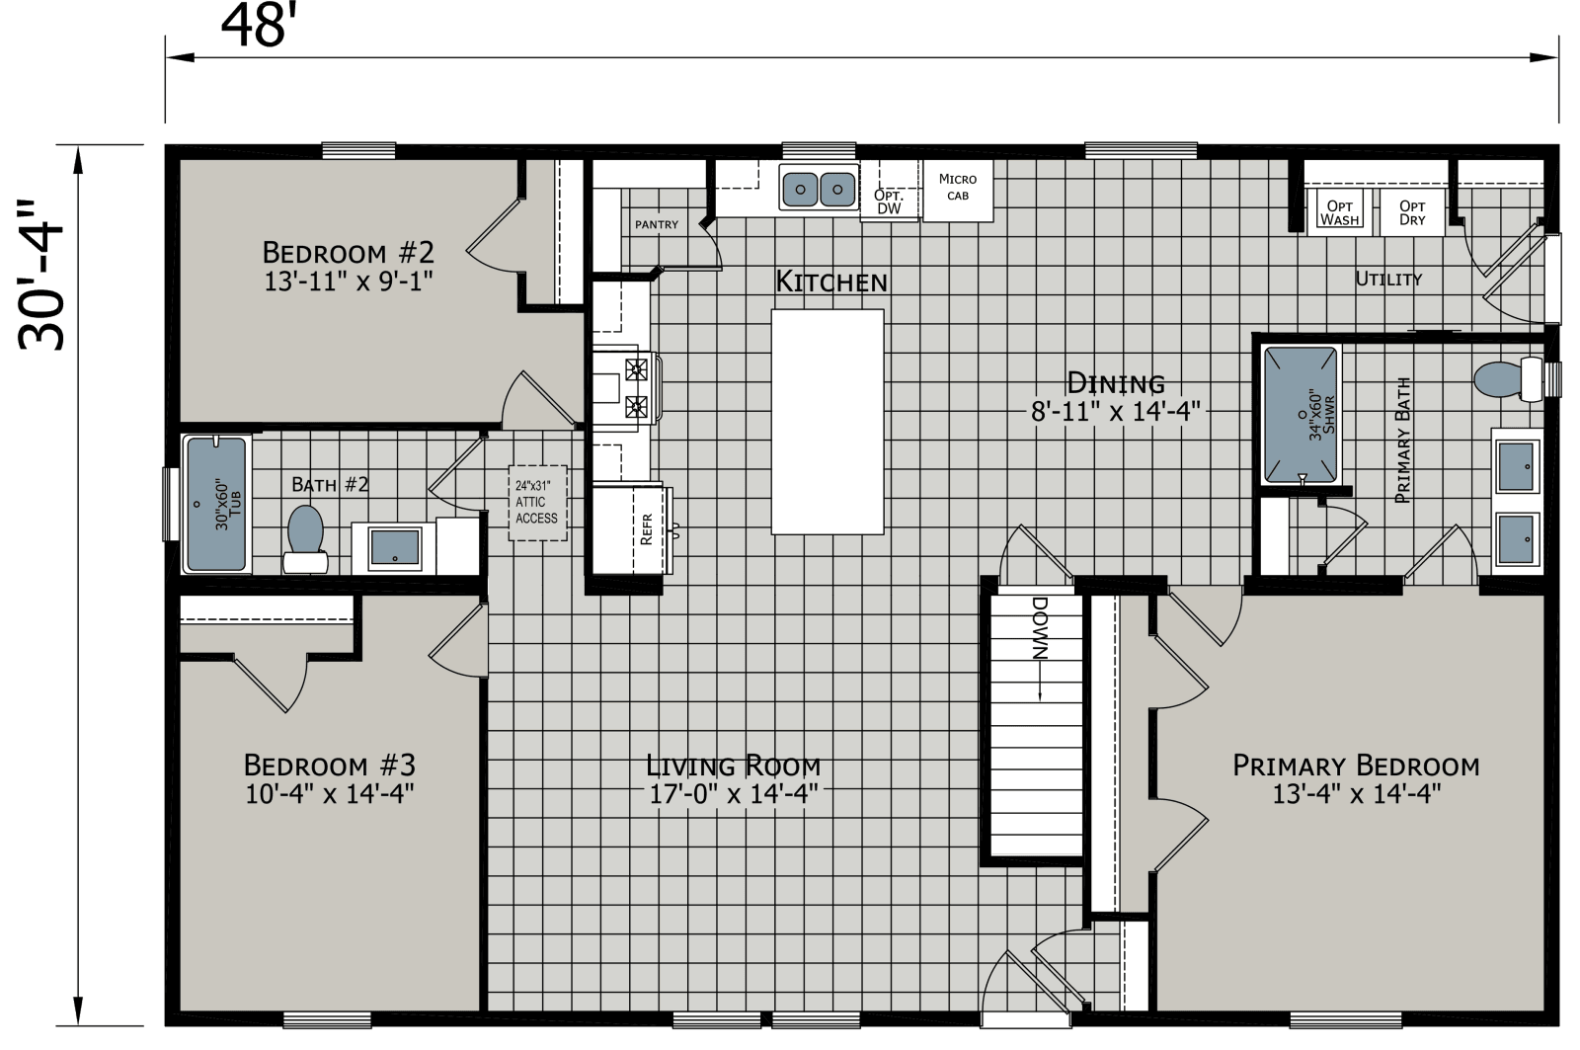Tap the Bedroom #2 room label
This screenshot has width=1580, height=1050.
[x=350, y=249]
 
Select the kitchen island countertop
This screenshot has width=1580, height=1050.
[x=828, y=421]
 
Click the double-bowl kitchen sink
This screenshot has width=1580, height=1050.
[x=818, y=187]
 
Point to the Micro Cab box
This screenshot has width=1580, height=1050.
[x=957, y=187]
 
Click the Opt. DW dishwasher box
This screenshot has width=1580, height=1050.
[x=888, y=202]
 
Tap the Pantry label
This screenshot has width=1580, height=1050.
[x=657, y=224]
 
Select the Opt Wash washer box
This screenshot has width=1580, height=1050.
[x=1340, y=212]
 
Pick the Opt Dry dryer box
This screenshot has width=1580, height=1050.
[x=1412, y=212]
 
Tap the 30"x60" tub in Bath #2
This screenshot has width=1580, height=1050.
[x=217, y=505]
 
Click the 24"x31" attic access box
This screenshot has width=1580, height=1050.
[x=537, y=503]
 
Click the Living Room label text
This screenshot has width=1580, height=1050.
[x=733, y=765]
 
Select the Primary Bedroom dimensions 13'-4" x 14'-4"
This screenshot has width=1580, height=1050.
[x=1356, y=792]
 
